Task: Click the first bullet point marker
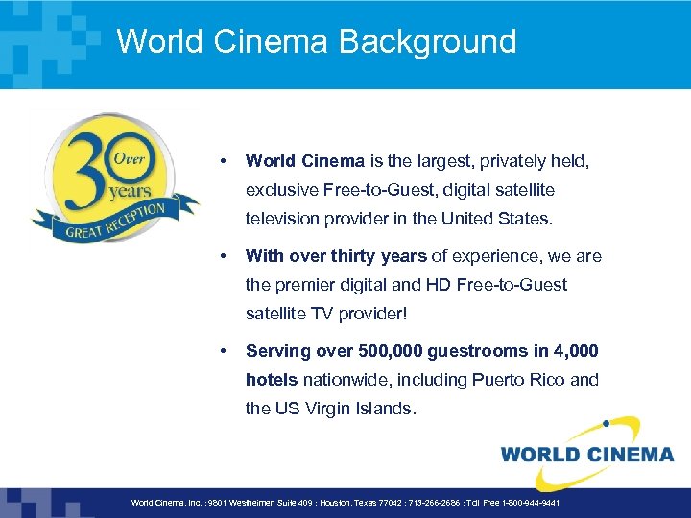[x=223, y=161]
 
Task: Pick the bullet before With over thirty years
[x=223, y=255]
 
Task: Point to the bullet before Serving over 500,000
[x=223, y=350]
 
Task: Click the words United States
[x=495, y=219]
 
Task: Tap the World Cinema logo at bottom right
[x=586, y=452]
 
